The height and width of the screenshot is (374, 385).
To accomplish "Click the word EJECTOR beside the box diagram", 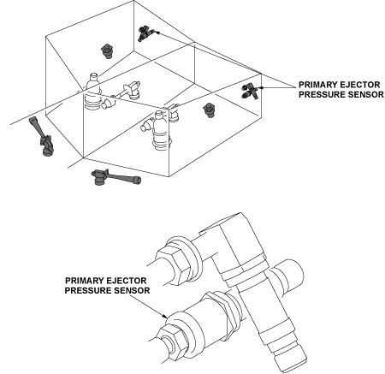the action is point(359,85).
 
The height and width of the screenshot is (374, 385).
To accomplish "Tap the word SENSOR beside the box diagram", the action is point(366,94).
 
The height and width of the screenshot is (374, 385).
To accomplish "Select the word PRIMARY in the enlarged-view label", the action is point(85,281).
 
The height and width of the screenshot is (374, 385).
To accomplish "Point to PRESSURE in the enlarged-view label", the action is point(88,290).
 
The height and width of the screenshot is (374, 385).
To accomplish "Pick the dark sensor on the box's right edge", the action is point(249,91).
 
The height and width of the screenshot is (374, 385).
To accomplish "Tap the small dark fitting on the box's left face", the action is point(107,51).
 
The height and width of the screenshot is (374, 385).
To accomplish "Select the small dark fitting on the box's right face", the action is point(210,110).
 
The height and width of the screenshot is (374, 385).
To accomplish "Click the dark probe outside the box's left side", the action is point(41,136).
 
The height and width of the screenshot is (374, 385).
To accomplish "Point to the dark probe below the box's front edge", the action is point(115,177).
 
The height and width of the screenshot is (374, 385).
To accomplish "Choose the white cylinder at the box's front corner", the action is point(157,130).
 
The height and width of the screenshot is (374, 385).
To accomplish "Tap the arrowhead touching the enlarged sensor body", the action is point(165,316).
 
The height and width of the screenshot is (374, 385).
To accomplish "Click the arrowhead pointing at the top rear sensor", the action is point(157,33).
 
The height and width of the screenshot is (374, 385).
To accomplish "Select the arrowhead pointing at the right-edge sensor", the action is point(260,87).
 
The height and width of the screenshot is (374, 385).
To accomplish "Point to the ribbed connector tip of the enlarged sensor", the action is point(288,354).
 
